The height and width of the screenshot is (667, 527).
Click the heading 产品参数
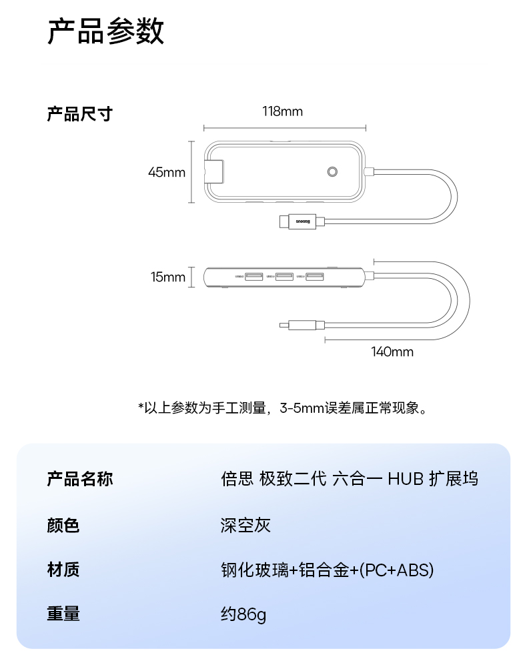pos(105,32)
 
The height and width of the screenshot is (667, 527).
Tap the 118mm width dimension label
pos(282,111)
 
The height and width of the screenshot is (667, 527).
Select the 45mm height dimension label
pos(166,173)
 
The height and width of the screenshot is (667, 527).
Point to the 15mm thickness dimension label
pos(167,277)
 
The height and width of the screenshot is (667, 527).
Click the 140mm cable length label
pos(392,352)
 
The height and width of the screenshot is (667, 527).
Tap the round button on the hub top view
pos(333,172)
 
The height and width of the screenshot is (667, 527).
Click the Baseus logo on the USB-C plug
pos(302,221)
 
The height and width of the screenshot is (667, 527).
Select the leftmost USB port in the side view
pos(253,276)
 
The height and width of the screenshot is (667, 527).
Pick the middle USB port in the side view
pos(284,276)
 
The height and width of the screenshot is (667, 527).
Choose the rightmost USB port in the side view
pos(315,276)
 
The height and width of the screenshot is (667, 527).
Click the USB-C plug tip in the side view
pos(284,325)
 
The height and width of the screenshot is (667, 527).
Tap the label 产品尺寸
pos(79,114)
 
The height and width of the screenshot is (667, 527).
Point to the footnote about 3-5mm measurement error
pos(282,408)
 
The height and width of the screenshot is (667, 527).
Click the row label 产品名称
pos(79,479)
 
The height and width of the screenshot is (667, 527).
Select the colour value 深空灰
pos(245,525)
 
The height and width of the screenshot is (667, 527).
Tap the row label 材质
pos(63,570)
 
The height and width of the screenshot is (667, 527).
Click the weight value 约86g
pos(243,614)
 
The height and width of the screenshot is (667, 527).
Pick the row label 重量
pos(63,614)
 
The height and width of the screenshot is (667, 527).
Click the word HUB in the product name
pos(406,479)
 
